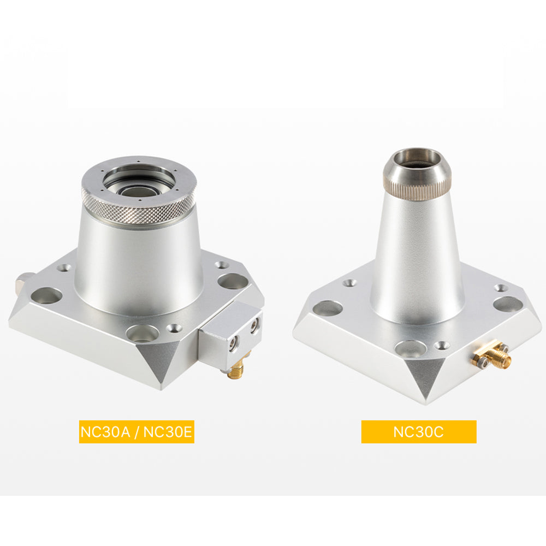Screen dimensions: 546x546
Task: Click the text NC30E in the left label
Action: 167,432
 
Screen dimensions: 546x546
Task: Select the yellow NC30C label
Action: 418,432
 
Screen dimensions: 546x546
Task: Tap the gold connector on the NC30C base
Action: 494,357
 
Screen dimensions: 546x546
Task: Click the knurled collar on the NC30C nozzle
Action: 417,186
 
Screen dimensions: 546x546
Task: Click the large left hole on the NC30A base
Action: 46,296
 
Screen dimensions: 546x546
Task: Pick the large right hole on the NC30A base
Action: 233,281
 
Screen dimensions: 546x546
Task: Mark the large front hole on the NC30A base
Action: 142,333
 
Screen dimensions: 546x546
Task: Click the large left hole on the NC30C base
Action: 327,308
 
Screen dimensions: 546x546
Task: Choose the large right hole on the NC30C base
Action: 508,304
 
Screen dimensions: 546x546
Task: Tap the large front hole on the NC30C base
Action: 411,348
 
